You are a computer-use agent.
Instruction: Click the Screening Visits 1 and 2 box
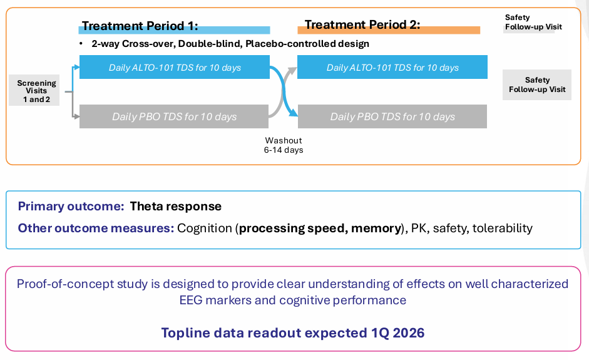point(34,90)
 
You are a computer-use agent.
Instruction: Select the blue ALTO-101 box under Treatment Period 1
point(174,67)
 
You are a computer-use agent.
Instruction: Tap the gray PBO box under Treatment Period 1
point(174,116)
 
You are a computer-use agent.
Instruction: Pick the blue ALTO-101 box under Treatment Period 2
point(392,67)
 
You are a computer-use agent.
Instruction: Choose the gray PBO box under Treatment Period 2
point(392,116)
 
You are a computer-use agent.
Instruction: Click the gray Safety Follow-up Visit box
point(537,85)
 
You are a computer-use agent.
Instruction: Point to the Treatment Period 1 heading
point(140,26)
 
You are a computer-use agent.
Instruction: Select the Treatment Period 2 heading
point(362,24)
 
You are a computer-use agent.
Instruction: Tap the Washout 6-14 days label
point(283,145)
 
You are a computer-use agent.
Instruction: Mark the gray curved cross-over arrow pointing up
point(282,92)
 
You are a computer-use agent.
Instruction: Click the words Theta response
point(175,207)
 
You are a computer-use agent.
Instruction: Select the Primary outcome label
point(71,207)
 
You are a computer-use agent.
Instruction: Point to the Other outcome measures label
point(96,228)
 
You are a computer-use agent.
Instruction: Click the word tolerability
point(502,228)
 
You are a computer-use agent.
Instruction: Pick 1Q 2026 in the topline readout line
point(398,333)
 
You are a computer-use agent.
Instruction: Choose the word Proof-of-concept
point(65,284)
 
